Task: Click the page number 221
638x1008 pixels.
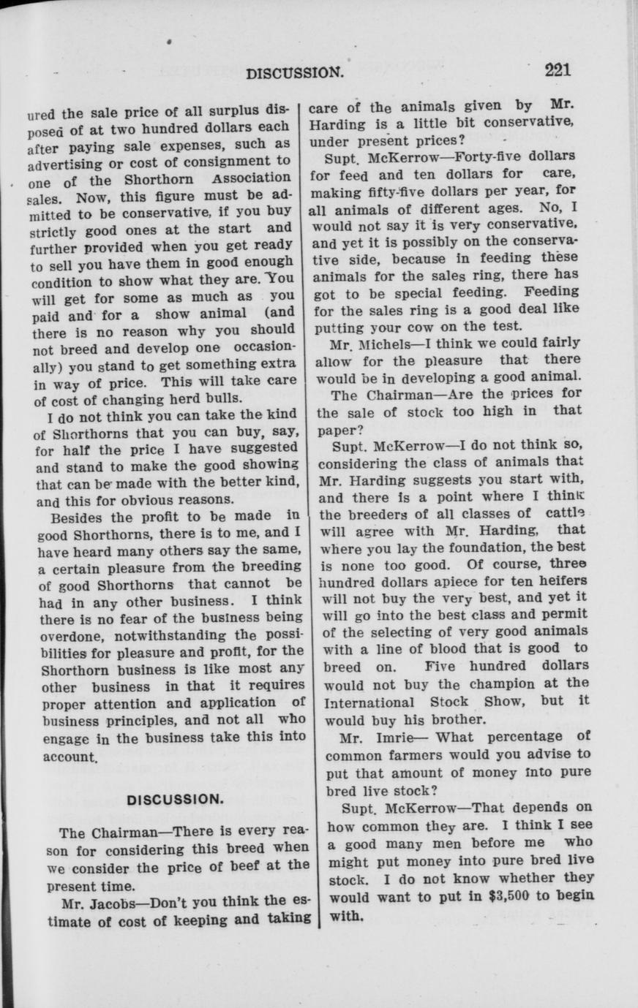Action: [x=557, y=70]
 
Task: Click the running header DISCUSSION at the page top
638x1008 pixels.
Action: [x=295, y=72]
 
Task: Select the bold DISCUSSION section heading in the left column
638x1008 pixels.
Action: [x=174, y=799]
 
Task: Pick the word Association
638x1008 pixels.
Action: [x=251, y=178]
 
